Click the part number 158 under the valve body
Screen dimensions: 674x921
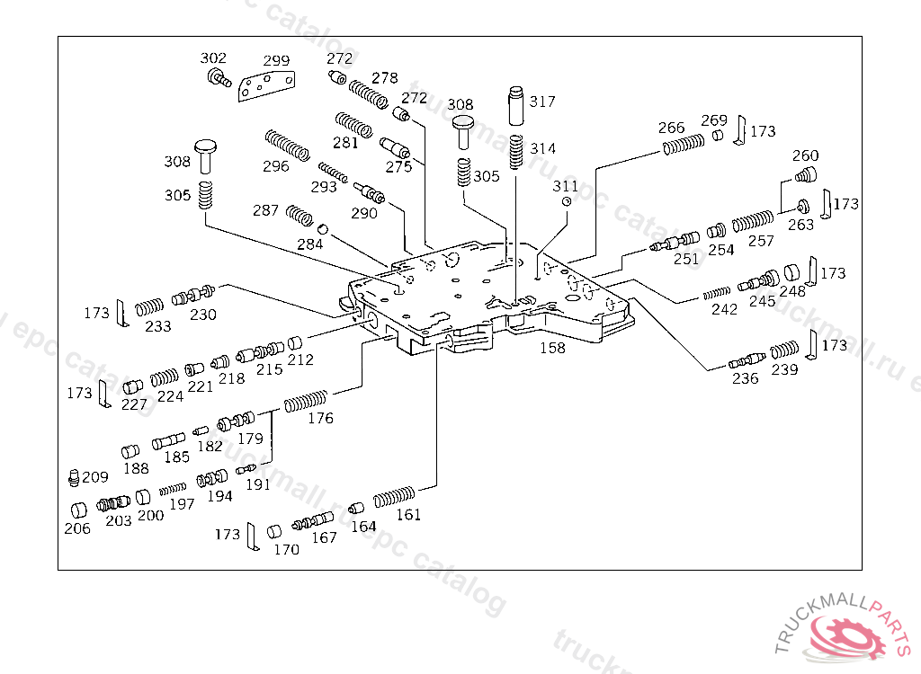click(552, 348)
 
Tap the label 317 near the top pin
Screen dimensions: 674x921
click(542, 102)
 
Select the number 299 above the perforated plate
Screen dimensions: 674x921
click(276, 61)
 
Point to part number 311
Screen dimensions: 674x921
click(566, 186)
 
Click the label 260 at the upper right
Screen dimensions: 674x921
click(805, 156)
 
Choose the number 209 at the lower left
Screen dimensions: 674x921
click(95, 477)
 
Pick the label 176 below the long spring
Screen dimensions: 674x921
click(320, 418)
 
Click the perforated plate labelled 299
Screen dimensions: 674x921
click(266, 87)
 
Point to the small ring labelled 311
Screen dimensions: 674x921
click(568, 202)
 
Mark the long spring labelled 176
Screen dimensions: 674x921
click(306, 401)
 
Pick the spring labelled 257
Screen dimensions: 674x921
click(753, 221)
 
